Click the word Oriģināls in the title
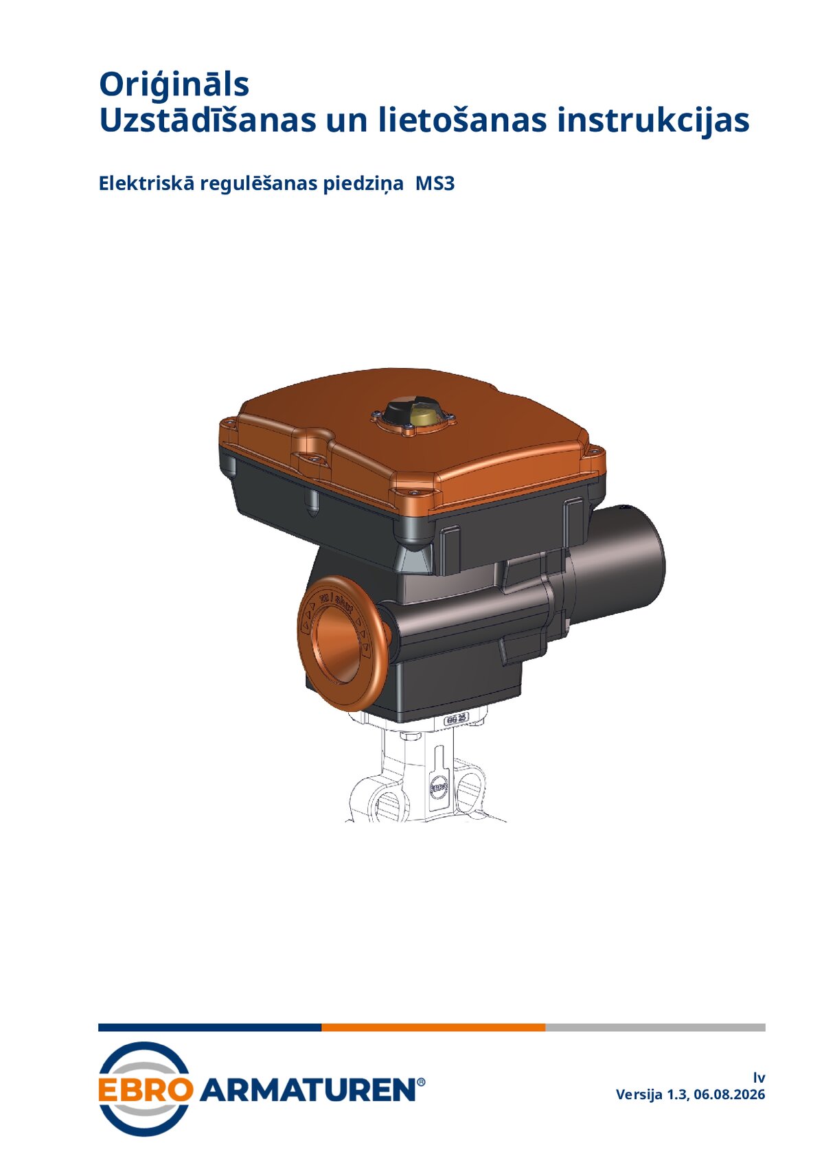pos(174,85)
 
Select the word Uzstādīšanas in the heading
pos(207,121)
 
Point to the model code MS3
pos(435,183)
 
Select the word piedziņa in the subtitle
pos(363,184)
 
